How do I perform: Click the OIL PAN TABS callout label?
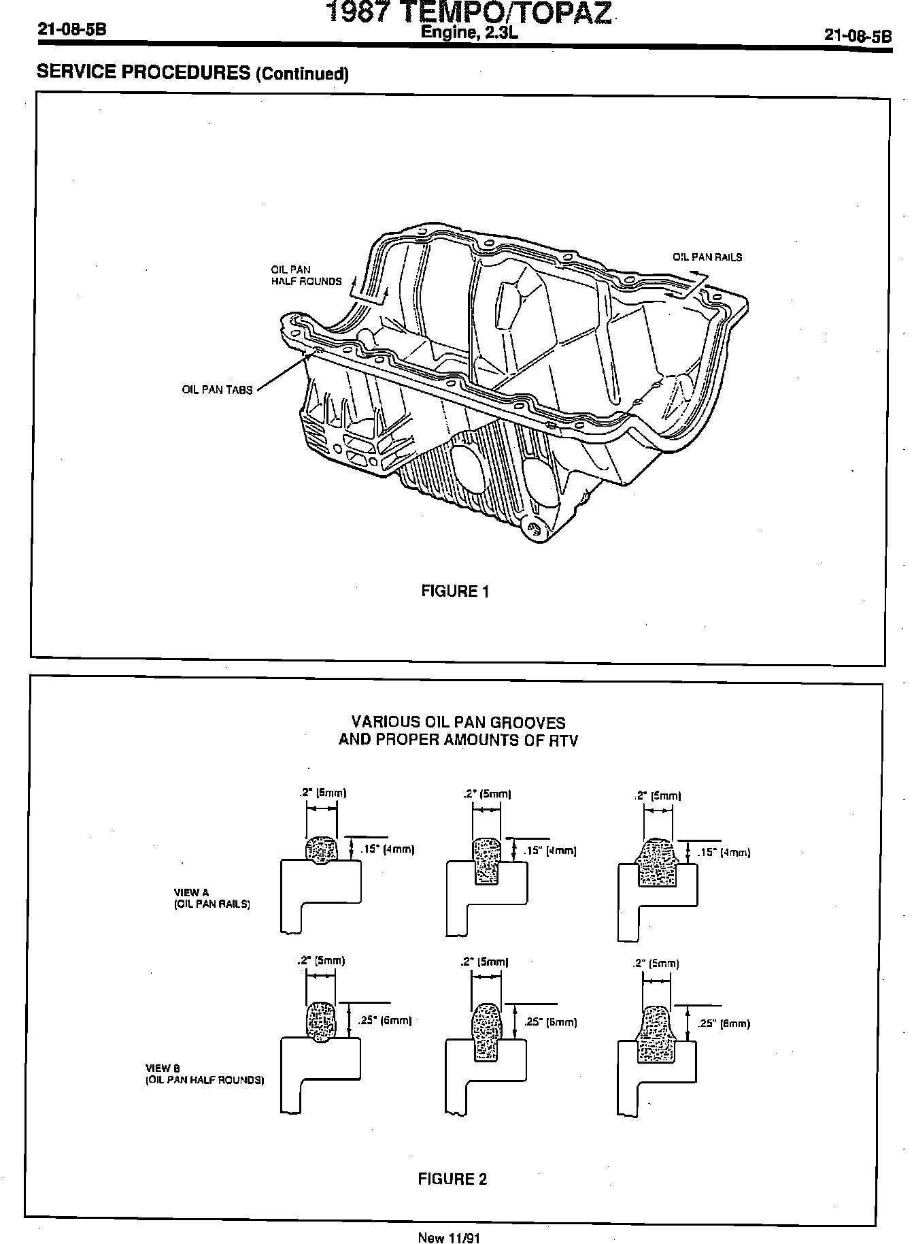click(217, 390)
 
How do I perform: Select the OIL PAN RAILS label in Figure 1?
click(707, 257)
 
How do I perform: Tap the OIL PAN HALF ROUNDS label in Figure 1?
click(306, 276)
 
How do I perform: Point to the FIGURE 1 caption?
click(455, 591)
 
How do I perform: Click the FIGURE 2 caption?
click(452, 1179)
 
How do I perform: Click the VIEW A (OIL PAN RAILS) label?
click(211, 898)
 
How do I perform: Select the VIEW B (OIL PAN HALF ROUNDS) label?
click(204, 1074)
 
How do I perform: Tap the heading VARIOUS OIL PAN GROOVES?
click(458, 722)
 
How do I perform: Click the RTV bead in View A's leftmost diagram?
click(321, 850)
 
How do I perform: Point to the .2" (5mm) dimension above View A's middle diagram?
click(487, 793)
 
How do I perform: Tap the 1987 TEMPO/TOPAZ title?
click(469, 13)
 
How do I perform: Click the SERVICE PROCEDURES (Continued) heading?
click(192, 73)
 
